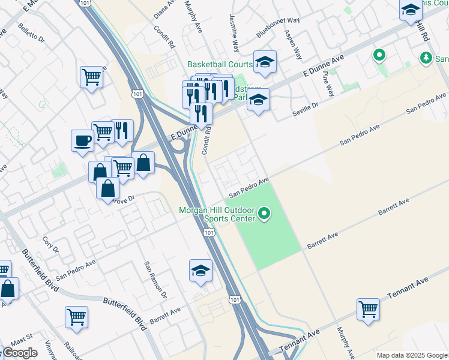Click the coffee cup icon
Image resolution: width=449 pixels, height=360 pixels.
click(x=82, y=141)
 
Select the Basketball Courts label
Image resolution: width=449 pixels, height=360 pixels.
click(x=220, y=64)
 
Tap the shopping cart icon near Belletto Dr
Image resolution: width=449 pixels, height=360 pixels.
click(x=91, y=76)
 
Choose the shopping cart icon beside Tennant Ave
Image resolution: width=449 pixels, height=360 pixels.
click(x=368, y=309)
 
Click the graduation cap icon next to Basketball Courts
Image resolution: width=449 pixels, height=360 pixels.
click(x=264, y=61)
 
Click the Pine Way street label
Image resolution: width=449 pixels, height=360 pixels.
click(x=328, y=83)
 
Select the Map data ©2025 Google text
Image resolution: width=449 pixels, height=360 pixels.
click(x=412, y=355)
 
